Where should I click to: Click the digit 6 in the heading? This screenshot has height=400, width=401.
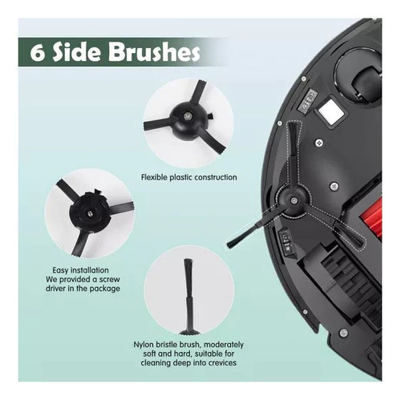(x=36, y=53)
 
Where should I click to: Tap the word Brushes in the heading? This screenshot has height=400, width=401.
(x=155, y=52)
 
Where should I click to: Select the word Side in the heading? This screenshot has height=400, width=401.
(x=77, y=52)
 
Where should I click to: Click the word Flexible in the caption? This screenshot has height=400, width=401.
(x=154, y=177)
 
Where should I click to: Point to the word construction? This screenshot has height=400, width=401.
(x=216, y=177)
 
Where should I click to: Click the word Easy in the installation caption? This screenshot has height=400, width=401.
(x=59, y=270)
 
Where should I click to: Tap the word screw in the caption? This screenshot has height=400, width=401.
(x=110, y=280)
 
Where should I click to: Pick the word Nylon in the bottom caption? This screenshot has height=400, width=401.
(x=143, y=345)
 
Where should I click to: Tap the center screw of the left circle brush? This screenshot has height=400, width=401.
(x=90, y=212)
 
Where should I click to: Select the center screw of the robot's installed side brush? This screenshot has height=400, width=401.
(x=294, y=200)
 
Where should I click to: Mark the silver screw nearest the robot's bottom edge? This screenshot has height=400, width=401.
(x=343, y=333)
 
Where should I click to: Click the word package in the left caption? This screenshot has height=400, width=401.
(x=104, y=289)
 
